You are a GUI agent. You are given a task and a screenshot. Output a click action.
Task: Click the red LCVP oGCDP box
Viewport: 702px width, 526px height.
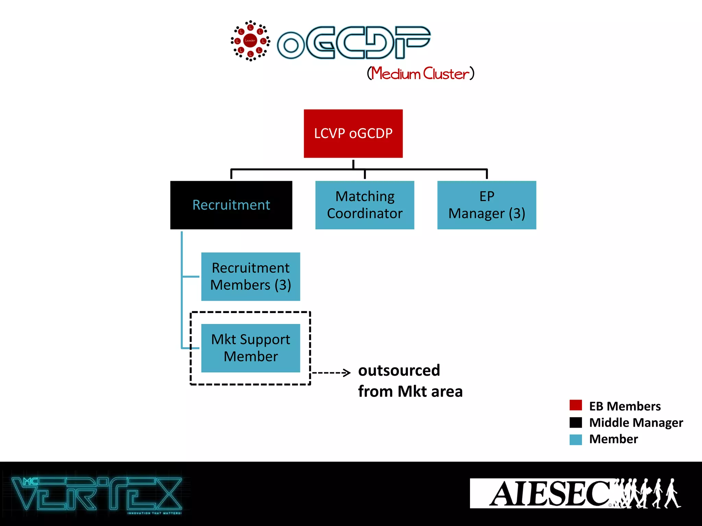(353, 134)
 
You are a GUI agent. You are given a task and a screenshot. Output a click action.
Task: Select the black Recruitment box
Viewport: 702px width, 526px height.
(231, 205)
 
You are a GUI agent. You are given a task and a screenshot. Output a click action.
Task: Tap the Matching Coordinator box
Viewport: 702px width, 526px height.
(365, 205)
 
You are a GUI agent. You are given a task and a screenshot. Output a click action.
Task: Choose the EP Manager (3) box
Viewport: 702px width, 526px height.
(487, 205)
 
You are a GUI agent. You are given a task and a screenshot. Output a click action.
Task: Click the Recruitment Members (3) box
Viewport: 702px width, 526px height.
(251, 276)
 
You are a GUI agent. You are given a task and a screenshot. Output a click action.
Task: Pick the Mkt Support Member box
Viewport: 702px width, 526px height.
(251, 348)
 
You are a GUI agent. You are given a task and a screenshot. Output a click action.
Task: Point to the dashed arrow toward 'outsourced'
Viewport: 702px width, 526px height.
(331, 372)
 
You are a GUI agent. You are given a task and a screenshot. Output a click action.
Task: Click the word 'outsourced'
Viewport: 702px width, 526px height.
(399, 371)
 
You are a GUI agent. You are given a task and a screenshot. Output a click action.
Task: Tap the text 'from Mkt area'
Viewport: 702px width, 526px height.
(410, 391)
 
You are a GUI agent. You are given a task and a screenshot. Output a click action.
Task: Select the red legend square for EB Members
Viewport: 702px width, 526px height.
(576, 405)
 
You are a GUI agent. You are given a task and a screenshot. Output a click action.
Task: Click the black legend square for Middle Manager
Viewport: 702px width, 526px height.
(576, 422)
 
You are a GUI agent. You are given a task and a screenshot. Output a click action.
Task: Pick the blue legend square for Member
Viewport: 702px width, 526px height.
(576, 439)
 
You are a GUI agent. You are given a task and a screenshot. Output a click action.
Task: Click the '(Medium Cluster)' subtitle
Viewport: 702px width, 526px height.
(421, 73)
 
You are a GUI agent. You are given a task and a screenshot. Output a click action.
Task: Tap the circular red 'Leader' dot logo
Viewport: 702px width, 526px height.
(250, 41)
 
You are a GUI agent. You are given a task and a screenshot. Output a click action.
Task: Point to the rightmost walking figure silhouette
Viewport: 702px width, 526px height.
(672, 493)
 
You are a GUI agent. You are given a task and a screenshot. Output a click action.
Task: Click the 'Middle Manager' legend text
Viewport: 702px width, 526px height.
(636, 423)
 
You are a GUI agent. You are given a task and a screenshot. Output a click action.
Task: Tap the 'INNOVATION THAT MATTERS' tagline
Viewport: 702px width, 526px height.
(154, 513)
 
